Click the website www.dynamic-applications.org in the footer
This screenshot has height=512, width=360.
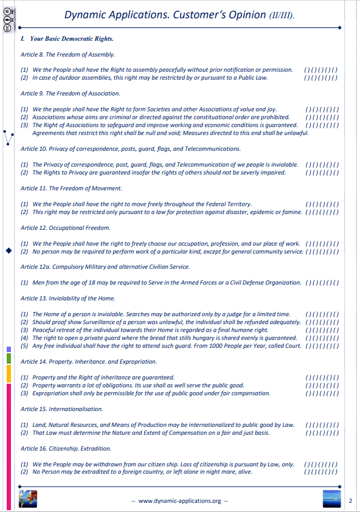click(x=179, y=501)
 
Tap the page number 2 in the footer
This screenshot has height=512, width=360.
click(x=351, y=501)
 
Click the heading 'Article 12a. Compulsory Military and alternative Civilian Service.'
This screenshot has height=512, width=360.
click(x=105, y=266)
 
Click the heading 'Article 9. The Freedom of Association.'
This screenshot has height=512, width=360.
click(x=70, y=94)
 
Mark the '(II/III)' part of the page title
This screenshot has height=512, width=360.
click(x=280, y=16)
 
